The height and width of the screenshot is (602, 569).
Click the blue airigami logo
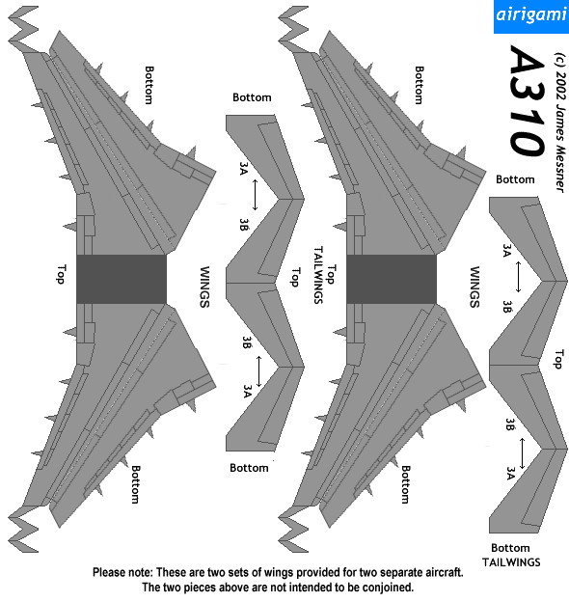point(531,16)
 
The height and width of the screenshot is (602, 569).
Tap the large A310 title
point(528,101)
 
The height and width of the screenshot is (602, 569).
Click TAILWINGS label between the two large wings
point(318,275)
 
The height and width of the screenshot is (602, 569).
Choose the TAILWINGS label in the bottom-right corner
point(511,562)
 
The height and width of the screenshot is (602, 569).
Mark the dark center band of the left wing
point(122,279)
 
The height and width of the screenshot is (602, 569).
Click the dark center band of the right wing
point(392,279)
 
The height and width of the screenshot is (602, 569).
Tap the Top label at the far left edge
point(61,274)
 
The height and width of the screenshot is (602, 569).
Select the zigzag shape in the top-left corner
point(24,29)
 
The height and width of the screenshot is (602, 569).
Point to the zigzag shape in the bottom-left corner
point(24,530)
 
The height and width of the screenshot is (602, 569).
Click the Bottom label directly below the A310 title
point(515,179)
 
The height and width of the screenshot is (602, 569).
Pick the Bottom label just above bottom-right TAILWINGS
point(510,548)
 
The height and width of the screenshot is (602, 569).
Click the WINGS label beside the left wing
point(204,287)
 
